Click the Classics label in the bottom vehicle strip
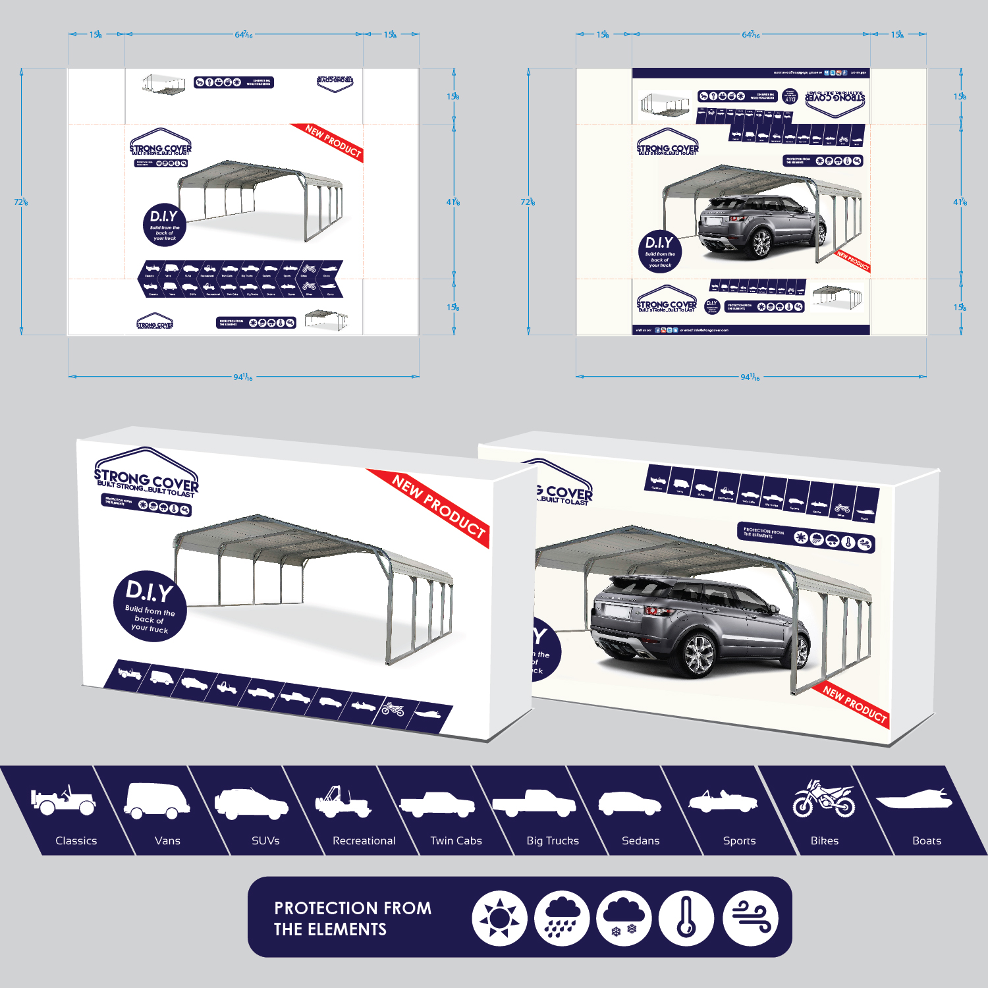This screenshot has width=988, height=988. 76,840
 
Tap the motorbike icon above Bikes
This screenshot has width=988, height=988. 823,800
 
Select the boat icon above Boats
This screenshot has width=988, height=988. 914,801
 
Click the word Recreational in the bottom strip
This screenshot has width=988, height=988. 364,840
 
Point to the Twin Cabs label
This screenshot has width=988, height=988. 456,840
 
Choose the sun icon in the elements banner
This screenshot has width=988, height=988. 499,918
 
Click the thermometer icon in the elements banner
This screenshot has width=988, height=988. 686,918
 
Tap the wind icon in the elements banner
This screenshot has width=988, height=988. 750,918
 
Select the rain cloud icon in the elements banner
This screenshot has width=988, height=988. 561,918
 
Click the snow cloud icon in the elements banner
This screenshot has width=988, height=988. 624,918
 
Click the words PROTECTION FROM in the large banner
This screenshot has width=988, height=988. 352,908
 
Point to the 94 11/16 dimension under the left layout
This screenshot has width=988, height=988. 243,377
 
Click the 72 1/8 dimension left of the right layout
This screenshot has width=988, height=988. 528,202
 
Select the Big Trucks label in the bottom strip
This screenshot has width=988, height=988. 553,840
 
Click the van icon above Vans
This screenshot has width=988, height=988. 157,800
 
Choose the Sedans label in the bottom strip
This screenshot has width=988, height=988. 640,840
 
